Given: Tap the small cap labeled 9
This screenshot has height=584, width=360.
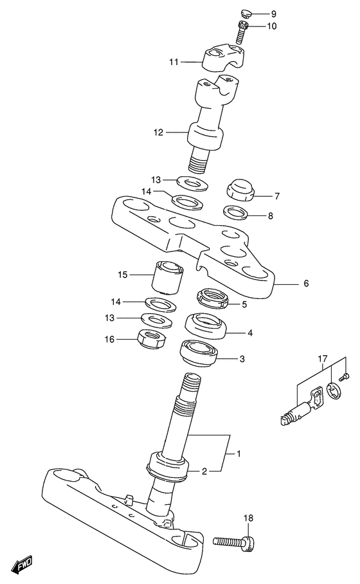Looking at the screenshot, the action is click(246, 15).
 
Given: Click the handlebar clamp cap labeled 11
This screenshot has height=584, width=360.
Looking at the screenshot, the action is click(222, 57).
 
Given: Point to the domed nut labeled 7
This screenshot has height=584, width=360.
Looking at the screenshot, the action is click(240, 190).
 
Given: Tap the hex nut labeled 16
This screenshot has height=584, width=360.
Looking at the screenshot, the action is click(152, 338).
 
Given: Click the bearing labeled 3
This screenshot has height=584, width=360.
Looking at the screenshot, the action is click(199, 352).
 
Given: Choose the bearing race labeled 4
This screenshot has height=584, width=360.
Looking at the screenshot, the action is click(206, 325).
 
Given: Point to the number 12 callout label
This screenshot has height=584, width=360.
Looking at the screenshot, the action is click(159, 132).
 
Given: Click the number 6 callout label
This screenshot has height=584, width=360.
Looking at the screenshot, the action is click(306, 284).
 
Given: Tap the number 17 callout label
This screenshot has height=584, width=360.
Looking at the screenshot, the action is click(323, 359).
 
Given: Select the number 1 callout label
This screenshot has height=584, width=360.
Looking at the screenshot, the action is click(239, 453).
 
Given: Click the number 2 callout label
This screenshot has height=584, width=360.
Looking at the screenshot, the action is click(204, 471).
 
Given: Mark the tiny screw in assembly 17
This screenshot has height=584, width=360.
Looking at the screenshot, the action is click(345, 376).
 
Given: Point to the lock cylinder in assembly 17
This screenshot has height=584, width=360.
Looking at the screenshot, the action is click(294, 413).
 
